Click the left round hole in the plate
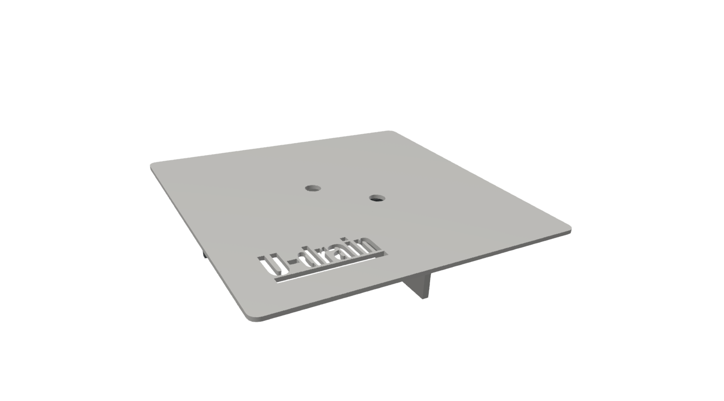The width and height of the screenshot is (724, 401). click(x=313, y=188)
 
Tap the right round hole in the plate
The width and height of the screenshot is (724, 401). click(x=377, y=198)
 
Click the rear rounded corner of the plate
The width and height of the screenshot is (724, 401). click(x=389, y=132)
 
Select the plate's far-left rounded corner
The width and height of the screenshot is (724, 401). click(x=152, y=166)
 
